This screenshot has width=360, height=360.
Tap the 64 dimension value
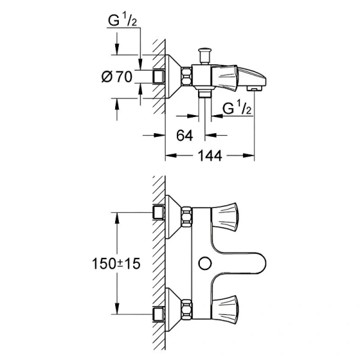click(184, 136)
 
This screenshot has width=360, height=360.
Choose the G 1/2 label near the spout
click(236, 109)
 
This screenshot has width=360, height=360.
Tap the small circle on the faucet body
click(203, 262)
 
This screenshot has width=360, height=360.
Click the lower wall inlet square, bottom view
click(159, 314)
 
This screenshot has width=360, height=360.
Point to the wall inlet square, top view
click(159, 76)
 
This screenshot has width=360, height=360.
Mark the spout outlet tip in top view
click(255, 88)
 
